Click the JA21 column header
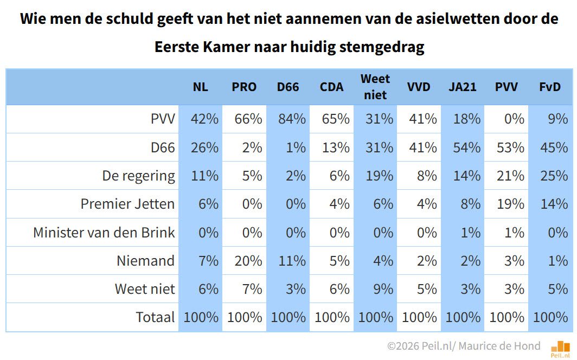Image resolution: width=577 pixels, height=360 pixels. (462, 87)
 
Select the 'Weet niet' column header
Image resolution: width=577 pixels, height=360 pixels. (375, 87)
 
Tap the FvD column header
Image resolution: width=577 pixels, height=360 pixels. (550, 87)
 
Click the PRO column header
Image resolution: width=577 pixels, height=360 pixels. (244, 87)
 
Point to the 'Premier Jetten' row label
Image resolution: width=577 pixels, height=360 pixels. (127, 204)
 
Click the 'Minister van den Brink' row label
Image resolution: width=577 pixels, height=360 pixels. (104, 232)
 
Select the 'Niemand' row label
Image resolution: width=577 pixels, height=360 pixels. (145, 260)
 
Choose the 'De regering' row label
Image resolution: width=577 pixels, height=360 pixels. (138, 176)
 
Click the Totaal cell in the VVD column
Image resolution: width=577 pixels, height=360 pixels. (419, 317)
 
